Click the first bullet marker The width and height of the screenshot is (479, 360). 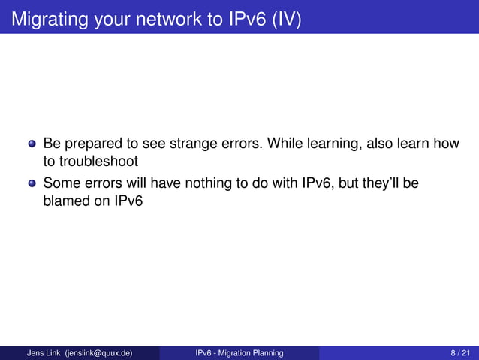coord(32,144)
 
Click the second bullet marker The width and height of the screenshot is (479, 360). coord(32,183)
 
